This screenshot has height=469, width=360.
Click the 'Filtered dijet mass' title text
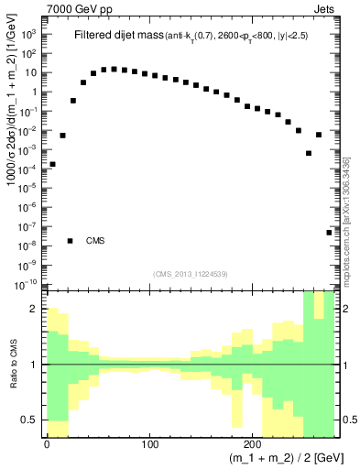(116, 36)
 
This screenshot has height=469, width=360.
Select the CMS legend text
(96, 241)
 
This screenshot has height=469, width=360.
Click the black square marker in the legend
(71, 241)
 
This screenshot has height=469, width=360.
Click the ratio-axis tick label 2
(37, 309)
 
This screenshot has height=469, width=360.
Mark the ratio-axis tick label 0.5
(32, 420)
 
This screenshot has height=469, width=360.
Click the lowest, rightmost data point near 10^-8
(329, 233)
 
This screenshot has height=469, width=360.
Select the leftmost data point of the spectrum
(52, 164)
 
